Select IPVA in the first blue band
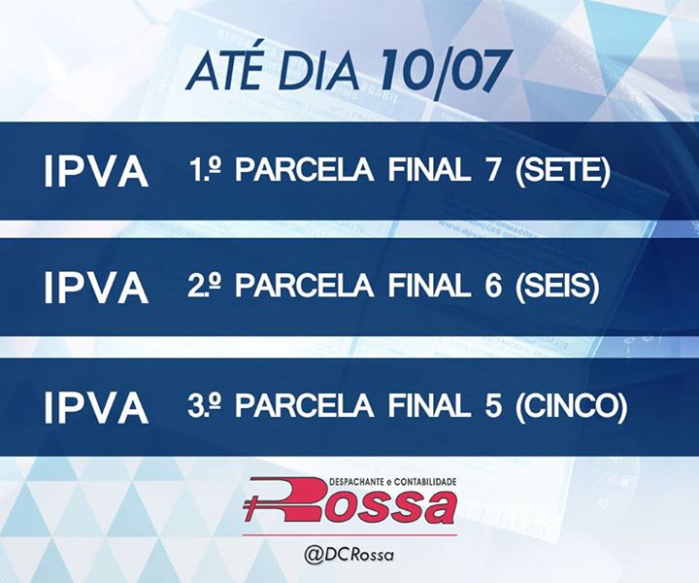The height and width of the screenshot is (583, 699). click(x=96, y=171)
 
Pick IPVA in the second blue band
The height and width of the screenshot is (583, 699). click(x=96, y=289)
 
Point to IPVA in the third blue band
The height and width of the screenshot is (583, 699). click(x=96, y=408)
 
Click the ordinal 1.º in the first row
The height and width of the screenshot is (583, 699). click(x=206, y=169)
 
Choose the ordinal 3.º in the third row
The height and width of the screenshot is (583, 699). click(x=205, y=405)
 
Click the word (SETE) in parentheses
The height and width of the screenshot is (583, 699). click(x=562, y=171)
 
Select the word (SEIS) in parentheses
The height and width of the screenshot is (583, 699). click(x=555, y=288)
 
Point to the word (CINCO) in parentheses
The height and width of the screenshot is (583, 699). click(x=571, y=407)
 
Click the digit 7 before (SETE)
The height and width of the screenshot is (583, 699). click(x=491, y=169)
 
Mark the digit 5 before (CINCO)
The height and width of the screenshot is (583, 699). click(x=492, y=406)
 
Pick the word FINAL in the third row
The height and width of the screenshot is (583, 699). click(x=429, y=406)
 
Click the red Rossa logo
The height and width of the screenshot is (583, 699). click(x=349, y=501)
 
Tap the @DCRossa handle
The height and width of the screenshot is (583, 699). click(x=349, y=555)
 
